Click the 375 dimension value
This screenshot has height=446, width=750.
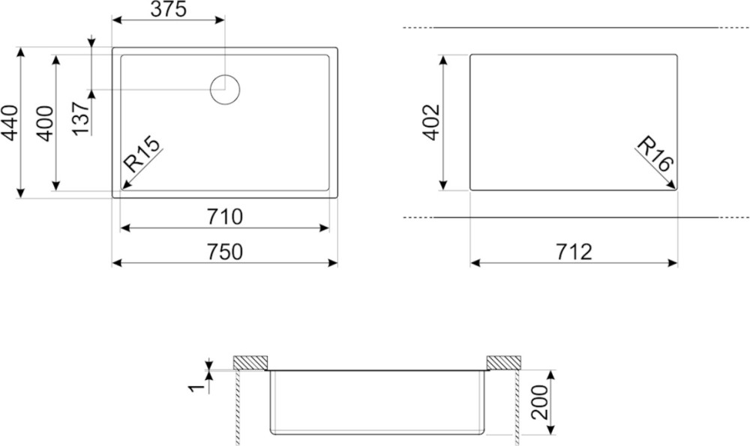coord(168,9)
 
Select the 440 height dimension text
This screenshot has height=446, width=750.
coord(10,123)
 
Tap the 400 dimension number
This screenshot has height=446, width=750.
coord(45,123)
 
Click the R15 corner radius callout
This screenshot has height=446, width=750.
coord(141,154)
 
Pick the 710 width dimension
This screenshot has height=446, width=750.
coord(225,217)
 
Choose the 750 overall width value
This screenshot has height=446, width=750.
coord(225,252)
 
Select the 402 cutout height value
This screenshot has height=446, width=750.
coord(431,122)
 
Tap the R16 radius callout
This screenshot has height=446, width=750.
coord(655,154)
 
